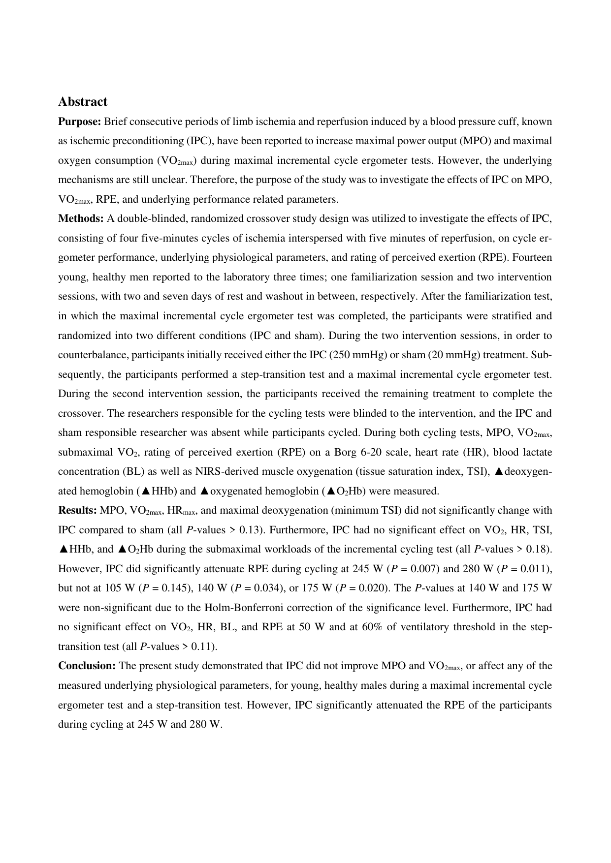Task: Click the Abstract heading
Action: [82, 102]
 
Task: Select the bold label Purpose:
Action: [80, 122]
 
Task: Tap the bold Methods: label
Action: [81, 218]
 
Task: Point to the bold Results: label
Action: [77, 511]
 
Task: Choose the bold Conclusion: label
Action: [87, 666]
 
